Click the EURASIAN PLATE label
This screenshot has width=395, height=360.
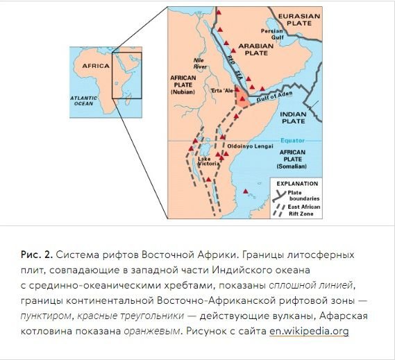299,19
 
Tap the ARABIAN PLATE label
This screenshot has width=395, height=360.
256,49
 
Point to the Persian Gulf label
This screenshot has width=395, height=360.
273,34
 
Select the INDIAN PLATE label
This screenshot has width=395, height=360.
293,117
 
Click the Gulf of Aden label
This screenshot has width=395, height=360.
275,96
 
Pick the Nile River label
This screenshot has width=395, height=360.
200,63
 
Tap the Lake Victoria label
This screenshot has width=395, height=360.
208,161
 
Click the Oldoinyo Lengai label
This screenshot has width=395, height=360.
250,146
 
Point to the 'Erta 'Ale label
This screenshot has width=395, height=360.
221,90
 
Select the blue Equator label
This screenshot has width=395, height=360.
293,141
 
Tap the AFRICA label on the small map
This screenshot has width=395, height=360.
96,66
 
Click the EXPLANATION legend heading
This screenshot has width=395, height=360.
297,184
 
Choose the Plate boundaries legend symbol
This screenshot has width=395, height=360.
279,196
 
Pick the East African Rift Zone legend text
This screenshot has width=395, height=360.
304,210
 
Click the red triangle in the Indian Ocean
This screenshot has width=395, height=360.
246,191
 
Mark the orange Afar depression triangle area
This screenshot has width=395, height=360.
242,98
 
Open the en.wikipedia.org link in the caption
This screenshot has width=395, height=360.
309,331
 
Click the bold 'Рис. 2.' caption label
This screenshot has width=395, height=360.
37,255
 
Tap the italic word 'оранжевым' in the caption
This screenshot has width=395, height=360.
152,331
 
